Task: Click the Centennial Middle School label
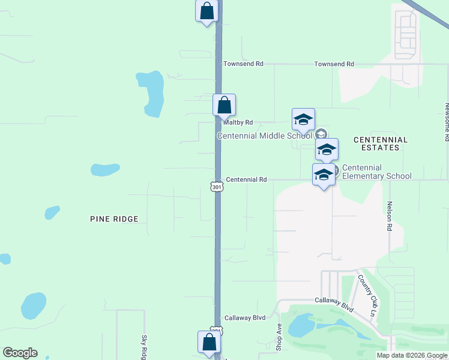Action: coord(265,136)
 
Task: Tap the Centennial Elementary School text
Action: coord(377,172)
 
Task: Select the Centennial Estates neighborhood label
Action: coord(381,143)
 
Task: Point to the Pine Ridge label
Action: coord(114,219)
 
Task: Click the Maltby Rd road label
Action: coord(238,122)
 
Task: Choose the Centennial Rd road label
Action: coord(247,179)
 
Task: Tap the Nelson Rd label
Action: coord(389,216)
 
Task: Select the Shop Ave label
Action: coord(279,337)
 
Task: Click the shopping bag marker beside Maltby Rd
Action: coord(224,105)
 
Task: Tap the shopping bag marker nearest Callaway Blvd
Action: coord(209,342)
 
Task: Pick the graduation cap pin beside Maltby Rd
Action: coord(303,119)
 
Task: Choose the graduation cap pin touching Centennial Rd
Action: coord(324,175)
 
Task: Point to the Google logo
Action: coord(20,353)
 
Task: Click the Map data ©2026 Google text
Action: coord(412,355)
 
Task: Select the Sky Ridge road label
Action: coord(144,347)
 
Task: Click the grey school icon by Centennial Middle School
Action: coord(321,134)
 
